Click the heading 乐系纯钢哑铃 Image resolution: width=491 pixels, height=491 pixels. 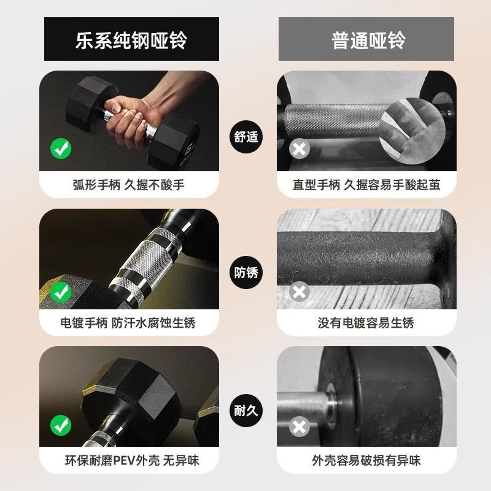coord(131,40)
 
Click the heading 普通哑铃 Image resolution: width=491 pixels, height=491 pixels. coord(369,40)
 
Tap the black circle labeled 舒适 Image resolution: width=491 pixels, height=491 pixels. coord(246,137)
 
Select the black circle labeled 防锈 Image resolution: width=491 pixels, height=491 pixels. coord(246,272)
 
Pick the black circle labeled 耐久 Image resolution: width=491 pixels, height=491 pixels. coord(246,410)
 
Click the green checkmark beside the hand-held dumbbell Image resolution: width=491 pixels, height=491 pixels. coord(61,149)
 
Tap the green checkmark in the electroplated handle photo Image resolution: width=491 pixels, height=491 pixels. coord(61,292)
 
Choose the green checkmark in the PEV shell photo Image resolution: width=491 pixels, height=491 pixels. coord(61,425)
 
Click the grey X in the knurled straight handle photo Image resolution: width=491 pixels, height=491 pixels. coord(300,149)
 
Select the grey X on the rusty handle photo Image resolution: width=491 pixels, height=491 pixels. coord(300,292)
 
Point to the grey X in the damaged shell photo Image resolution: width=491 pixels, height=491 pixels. coord(300,427)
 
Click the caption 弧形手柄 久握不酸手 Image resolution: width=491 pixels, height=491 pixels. coord(129,185)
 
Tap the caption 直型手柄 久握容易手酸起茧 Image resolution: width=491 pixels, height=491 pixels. coord(366,185)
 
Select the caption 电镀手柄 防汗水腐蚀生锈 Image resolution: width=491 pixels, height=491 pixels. coord(128,323)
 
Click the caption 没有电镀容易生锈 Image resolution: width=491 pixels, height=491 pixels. coord(366,323)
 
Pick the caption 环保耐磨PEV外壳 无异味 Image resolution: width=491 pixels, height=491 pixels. coord(132,461)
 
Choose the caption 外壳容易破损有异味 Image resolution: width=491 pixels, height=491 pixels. coord(366,461)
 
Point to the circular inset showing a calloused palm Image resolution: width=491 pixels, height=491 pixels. coord(412,131)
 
